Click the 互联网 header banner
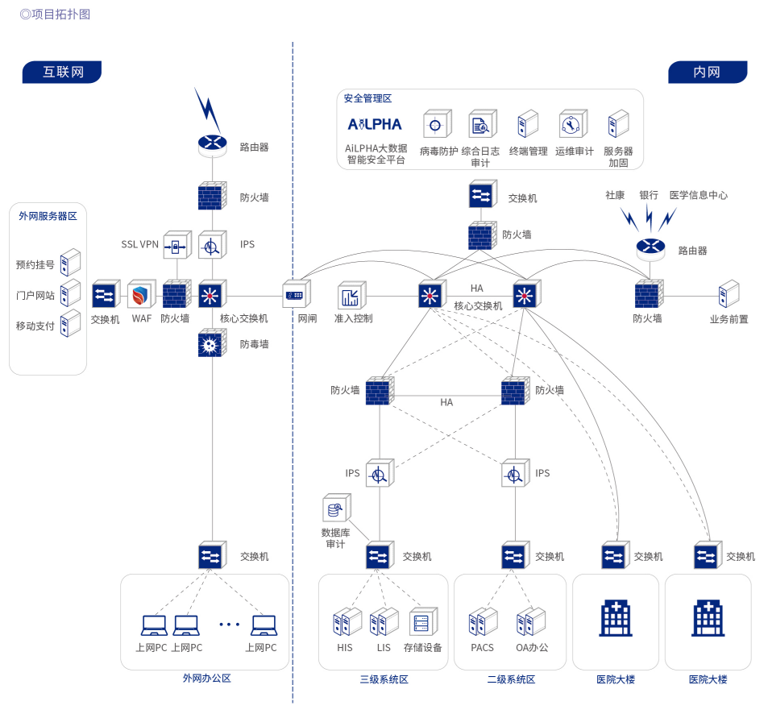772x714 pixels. [x=63, y=72]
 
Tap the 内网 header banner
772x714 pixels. [x=707, y=72]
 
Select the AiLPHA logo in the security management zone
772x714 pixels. [x=374, y=125]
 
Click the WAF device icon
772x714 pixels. [x=141, y=295]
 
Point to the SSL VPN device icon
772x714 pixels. [x=176, y=245]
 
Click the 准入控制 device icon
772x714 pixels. [x=352, y=295]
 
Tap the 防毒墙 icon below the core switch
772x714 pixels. [x=211, y=345]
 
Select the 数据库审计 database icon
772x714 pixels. [x=334, y=509]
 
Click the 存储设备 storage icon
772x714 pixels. [x=422, y=622]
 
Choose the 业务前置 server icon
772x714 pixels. [x=728, y=294]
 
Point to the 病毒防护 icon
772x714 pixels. [x=437, y=126]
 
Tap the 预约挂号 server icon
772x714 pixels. [x=71, y=263]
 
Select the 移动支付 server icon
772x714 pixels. [x=71, y=324]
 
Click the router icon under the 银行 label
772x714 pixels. [x=649, y=248]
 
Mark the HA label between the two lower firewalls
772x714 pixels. [x=446, y=402]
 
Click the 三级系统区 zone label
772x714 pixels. [x=384, y=679]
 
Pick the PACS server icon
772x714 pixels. [x=482, y=622]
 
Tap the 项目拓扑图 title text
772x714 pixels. [x=56, y=14]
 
